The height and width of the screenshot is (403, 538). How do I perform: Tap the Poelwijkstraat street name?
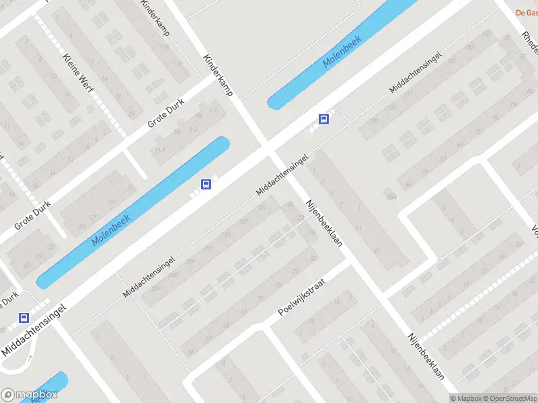pos(301,298)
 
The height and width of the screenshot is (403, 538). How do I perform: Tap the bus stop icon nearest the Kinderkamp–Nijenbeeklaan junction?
pos(323,120)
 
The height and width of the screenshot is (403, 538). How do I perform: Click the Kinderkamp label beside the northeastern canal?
pos(218,75)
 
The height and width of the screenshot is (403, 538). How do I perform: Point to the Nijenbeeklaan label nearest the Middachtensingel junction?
pos(323,222)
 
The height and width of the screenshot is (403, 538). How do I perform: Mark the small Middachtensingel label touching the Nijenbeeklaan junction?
pos(282,175)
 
